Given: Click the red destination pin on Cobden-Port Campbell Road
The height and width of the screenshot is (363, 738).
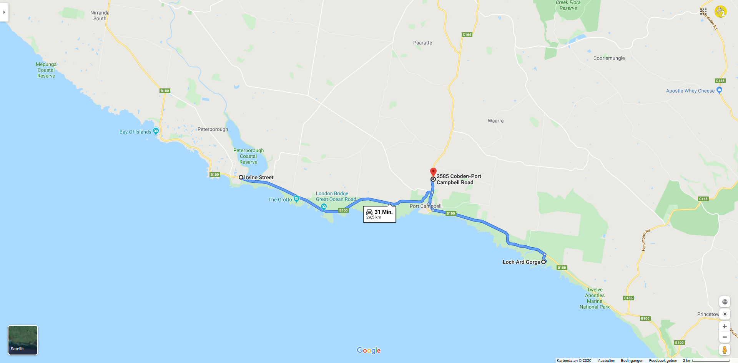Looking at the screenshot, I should tap(433, 172).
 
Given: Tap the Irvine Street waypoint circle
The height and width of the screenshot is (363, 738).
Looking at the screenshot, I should tap(241, 177).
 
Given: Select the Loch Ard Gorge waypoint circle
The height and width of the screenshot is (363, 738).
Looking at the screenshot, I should tap(544, 262).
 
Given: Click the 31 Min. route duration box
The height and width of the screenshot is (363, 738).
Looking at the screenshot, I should tap(379, 214).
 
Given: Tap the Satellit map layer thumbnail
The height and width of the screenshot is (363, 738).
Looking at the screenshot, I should tap(23, 340).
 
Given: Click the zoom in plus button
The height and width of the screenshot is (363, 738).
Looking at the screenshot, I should tap(725, 326).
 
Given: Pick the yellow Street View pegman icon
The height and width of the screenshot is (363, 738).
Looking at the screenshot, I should tap(725, 350).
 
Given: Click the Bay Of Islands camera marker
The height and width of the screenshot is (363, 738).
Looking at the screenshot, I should tap(156, 131).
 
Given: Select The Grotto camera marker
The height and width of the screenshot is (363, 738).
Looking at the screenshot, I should tap(296, 199).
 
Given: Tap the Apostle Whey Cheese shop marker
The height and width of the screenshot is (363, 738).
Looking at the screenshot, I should tap(719, 90).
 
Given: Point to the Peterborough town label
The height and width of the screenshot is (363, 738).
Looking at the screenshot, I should tap(213, 129).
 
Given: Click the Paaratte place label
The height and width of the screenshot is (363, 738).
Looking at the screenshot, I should tap(422, 43).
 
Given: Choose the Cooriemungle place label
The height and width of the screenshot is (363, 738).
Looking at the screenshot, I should tap(609, 58).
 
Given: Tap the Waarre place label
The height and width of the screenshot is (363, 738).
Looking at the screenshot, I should tap(495, 121).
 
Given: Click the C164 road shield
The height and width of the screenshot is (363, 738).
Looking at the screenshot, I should tap(467, 35).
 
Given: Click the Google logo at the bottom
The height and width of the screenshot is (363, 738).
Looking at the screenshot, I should tap(369, 350).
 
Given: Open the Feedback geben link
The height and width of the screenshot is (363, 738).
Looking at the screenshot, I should tap(663, 360).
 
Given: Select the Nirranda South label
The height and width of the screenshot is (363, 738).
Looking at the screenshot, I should tap(100, 15).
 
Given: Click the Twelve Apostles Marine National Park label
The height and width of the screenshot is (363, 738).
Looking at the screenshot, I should tap(595, 298).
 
